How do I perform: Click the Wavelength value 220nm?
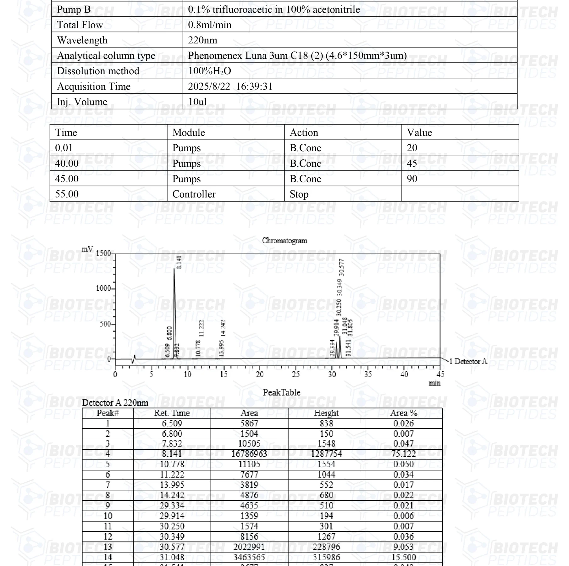click(x=202, y=40)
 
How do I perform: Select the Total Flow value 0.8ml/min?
click(x=210, y=25)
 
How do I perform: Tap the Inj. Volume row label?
click(x=82, y=102)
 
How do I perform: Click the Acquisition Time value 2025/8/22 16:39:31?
click(x=230, y=86)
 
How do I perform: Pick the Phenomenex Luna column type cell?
click(x=297, y=56)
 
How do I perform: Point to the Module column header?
click(x=189, y=132)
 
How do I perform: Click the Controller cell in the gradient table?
click(x=194, y=194)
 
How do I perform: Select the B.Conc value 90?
click(x=412, y=179)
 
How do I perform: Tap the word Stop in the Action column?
click(x=299, y=194)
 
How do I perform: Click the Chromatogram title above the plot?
click(x=284, y=241)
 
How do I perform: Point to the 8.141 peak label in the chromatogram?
click(x=179, y=262)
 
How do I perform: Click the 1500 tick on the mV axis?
click(x=103, y=253)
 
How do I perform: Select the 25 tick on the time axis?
click(x=296, y=375)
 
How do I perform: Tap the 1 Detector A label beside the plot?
click(x=468, y=362)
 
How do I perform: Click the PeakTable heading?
click(x=281, y=392)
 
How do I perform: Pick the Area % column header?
click(x=404, y=413)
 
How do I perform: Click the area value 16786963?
click(x=249, y=454)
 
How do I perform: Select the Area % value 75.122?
click(x=404, y=454)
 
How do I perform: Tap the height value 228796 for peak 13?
click(x=326, y=547)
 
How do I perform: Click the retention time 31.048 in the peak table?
click(x=172, y=557)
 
